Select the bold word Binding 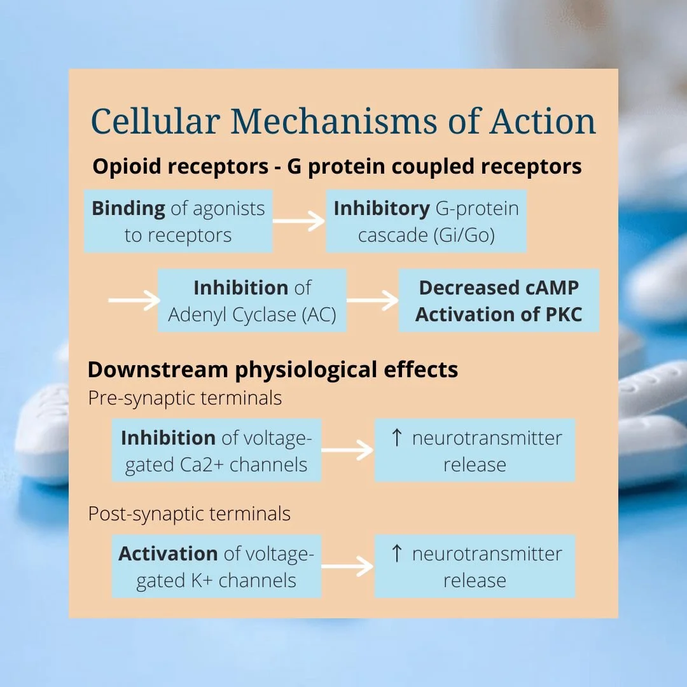(128, 209)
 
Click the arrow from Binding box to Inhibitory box (299, 221)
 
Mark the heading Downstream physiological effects (272, 370)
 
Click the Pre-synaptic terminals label (184, 399)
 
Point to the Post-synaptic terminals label (189, 514)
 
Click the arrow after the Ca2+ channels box (347, 451)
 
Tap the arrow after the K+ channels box (347, 567)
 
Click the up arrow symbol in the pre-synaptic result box (397, 438)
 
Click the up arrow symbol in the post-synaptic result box (397, 554)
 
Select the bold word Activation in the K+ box (168, 554)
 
